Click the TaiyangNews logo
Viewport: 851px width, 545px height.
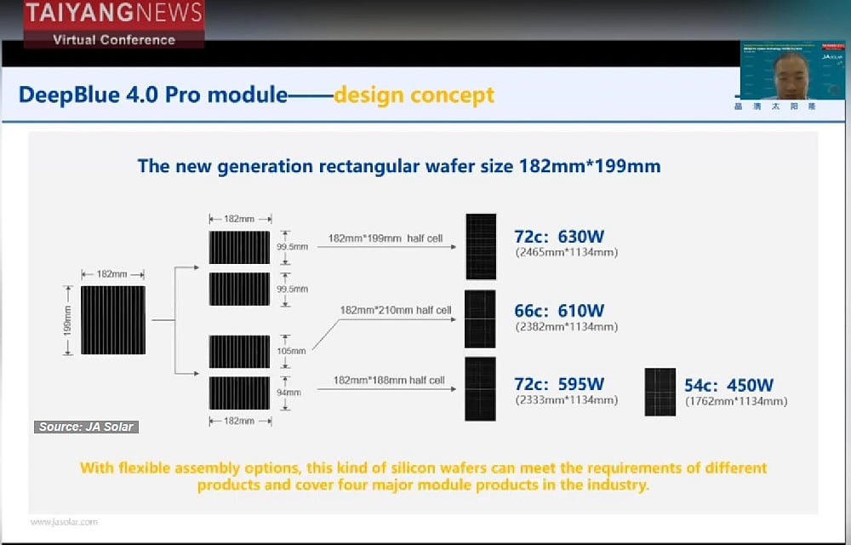[113, 24]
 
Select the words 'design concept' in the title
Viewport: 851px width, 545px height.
[414, 95]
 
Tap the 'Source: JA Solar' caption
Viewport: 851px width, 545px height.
[86, 427]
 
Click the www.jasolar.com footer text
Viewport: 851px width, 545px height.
[64, 522]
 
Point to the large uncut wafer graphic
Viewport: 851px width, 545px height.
[113, 320]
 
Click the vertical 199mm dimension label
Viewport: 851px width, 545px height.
[69, 320]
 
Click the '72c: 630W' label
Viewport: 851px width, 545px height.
[559, 237]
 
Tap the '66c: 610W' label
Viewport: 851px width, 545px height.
[559, 311]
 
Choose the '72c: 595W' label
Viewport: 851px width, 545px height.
[559, 384]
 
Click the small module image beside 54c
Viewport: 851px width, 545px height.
[660, 392]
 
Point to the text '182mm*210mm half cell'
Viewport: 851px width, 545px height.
[395, 310]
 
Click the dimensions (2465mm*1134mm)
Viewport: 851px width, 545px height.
[566, 253]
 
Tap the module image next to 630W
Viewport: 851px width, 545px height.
[480, 246]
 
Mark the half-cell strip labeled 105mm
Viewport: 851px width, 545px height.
[239, 351]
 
